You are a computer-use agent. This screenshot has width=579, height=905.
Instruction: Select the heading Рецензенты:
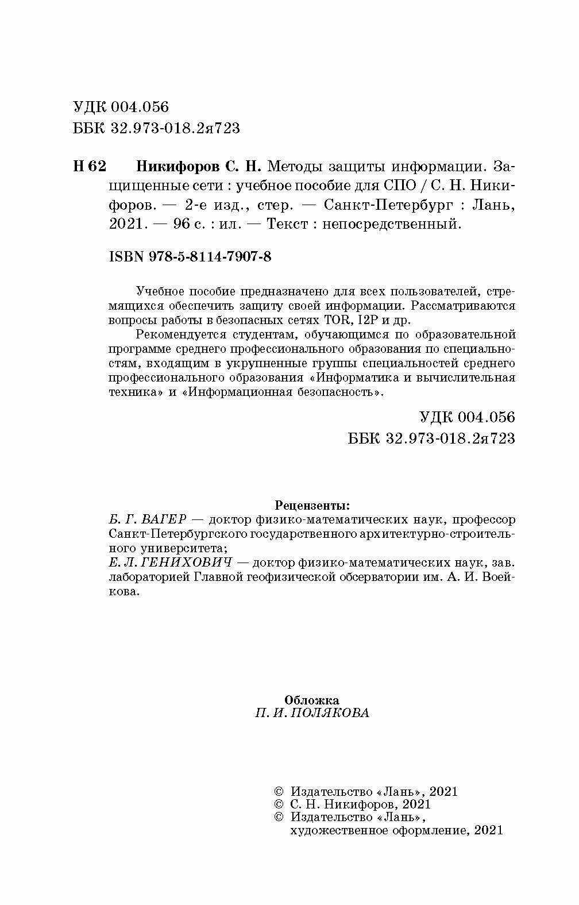(312, 506)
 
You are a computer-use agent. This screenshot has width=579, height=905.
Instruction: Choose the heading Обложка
(312, 700)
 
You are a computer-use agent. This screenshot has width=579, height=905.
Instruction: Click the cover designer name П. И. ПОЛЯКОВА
(312, 713)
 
